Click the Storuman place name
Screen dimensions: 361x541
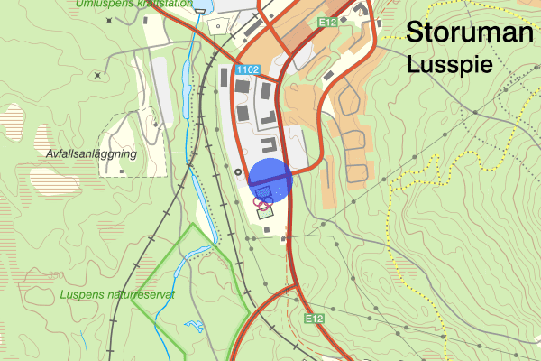coord(469,32)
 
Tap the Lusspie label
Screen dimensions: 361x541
coord(448,65)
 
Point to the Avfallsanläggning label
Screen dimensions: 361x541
coord(90,154)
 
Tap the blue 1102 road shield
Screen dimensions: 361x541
coord(247,69)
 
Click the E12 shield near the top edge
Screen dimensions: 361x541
coord(329,21)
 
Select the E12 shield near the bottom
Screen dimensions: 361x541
coord(313,319)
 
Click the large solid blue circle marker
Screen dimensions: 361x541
coord(270,179)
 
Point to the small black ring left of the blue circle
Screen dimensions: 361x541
coord(238,171)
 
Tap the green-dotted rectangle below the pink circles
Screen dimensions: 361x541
coord(265,213)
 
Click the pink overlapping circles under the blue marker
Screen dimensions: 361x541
coord(261,202)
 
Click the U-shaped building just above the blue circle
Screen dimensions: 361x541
coord(269,144)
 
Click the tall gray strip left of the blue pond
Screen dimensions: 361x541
coord(165,90)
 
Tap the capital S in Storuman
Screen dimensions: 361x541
coord(416,32)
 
